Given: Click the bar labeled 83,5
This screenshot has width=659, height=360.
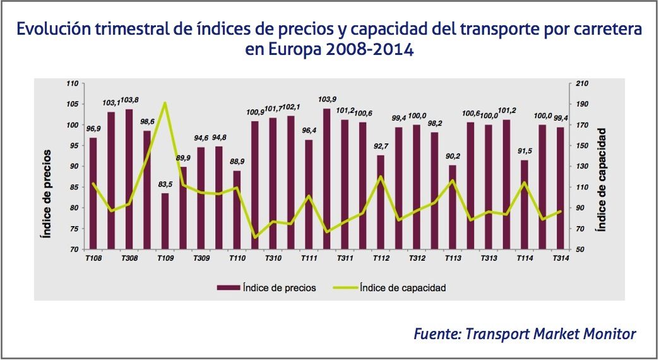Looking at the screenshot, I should click(x=165, y=221).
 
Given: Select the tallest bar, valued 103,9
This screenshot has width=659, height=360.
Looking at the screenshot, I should click(x=327, y=179).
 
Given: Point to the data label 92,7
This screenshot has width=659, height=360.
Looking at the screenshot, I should click(x=381, y=146).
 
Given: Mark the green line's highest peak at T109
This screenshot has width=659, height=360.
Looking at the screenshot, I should click(x=165, y=102).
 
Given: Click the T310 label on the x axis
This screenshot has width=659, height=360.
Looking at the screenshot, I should click(x=273, y=259).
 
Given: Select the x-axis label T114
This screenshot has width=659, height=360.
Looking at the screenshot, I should click(x=525, y=259).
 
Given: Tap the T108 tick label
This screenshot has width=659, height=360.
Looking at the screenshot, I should click(x=93, y=259).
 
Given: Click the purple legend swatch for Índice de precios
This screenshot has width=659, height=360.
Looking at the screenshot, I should click(x=227, y=287).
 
